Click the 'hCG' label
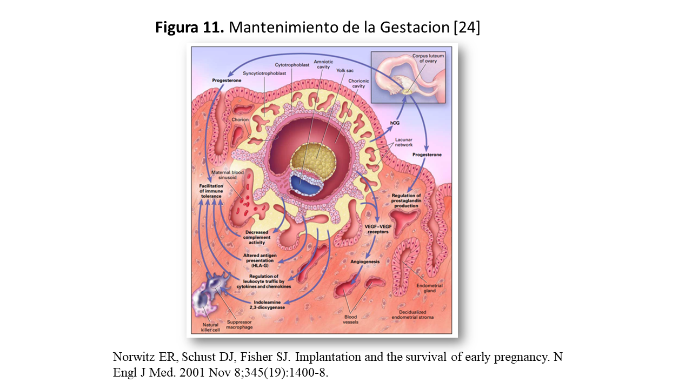coord(395,123)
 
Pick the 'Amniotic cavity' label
coord(323,65)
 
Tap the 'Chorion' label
coord(239,119)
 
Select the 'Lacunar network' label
coord(403,142)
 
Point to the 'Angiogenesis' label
coord(365,261)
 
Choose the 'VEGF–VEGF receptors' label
coord(378,229)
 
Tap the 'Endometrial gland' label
coord(429,288)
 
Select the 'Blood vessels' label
coord(350,319)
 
